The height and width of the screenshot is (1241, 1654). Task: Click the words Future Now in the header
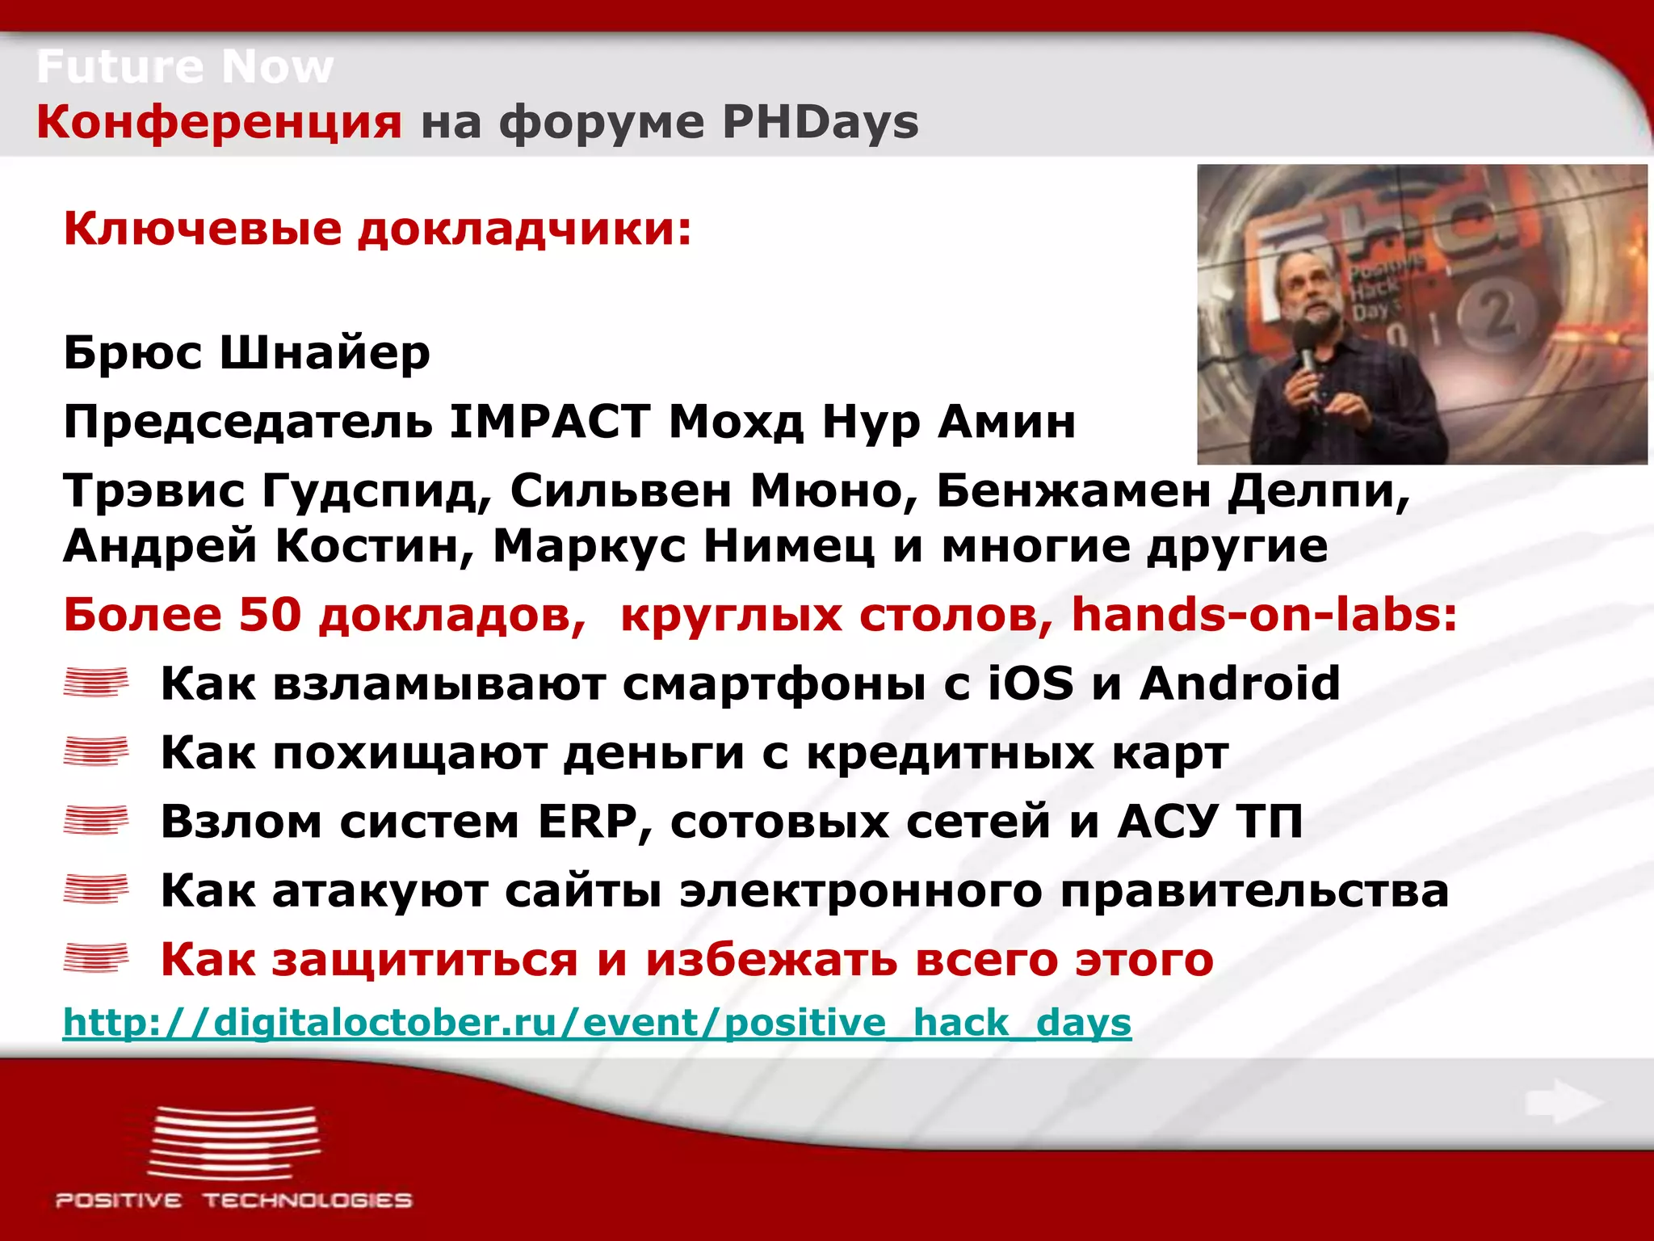(x=185, y=66)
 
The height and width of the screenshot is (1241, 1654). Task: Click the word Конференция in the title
(x=219, y=123)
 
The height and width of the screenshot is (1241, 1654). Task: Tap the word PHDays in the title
(x=820, y=123)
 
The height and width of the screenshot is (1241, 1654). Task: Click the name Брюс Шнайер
(x=247, y=353)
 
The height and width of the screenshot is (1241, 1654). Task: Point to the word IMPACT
(x=550, y=422)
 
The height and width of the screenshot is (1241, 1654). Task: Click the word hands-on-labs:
(x=1264, y=615)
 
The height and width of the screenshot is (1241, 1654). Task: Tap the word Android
(x=1240, y=684)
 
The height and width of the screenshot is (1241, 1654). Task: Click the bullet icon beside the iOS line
(x=96, y=683)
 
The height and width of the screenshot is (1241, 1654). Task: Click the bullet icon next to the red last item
(x=96, y=958)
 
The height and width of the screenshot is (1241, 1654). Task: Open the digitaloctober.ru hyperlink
(x=597, y=1023)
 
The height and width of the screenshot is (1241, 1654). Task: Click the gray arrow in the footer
(x=1563, y=1102)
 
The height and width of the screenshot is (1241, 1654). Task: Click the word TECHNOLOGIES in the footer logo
(x=307, y=1201)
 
